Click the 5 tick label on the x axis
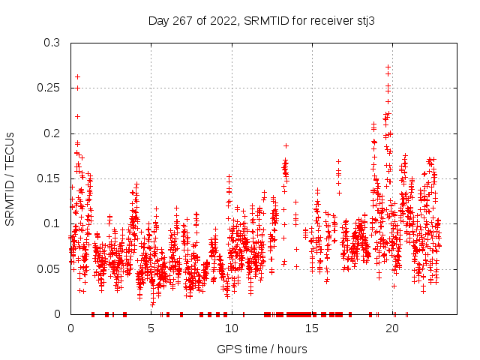pyautogui.click(x=151, y=328)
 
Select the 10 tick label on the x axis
pyautogui.click(x=232, y=328)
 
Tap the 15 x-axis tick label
pyautogui.click(x=313, y=328)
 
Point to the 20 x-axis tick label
pyautogui.click(x=394, y=328)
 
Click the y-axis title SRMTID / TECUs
pyautogui.click(x=10, y=178)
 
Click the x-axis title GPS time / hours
pyautogui.click(x=262, y=349)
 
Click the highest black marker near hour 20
pyautogui.click(x=388, y=67)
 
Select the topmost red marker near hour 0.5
pyautogui.click(x=77, y=76)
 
